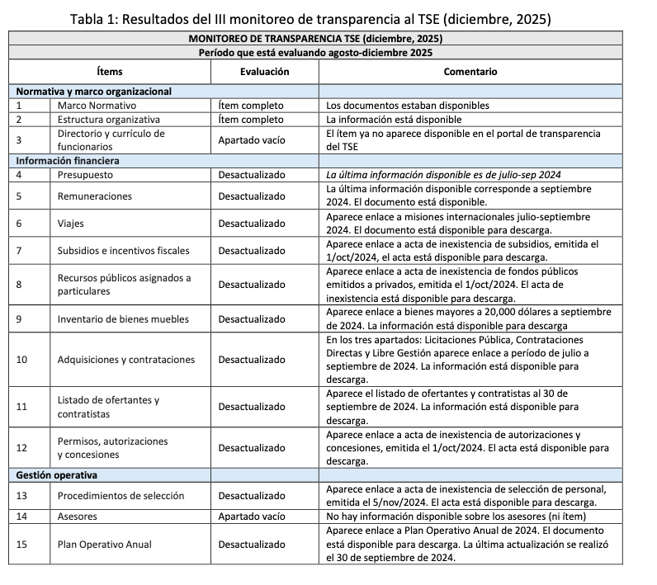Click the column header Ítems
click(x=109, y=72)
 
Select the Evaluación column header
click(x=264, y=72)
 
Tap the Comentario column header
click(x=470, y=72)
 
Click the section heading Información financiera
click(x=68, y=160)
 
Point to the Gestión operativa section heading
click(x=57, y=475)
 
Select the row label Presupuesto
click(x=86, y=175)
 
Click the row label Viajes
click(x=72, y=223)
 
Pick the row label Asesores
click(x=78, y=517)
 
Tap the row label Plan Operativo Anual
click(x=105, y=545)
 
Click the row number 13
click(x=22, y=496)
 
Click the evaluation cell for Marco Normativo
click(x=251, y=106)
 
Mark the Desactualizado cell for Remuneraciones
click(x=252, y=196)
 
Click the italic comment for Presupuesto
click(x=443, y=175)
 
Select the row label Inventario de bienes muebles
click(x=123, y=319)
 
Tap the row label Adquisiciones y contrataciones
click(x=126, y=360)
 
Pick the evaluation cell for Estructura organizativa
click(x=251, y=119)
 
